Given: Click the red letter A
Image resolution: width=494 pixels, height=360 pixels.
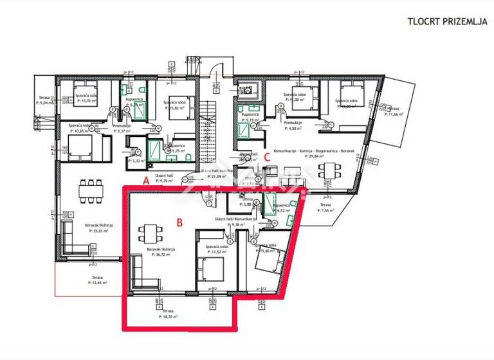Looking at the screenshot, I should click(146, 182).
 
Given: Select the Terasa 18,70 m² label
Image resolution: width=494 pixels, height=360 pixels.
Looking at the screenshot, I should click(169, 314).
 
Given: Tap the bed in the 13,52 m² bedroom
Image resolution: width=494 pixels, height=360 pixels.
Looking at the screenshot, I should click(209, 269).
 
